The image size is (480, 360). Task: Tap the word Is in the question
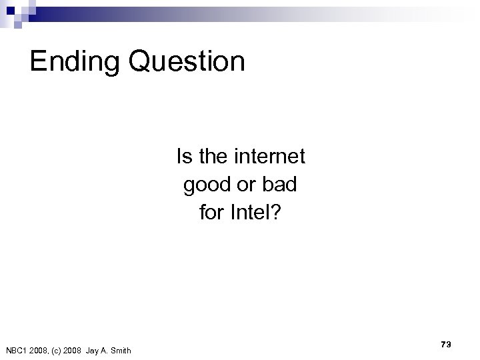[183, 157]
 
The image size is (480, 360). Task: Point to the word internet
[270, 157]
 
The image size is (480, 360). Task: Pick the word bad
[281, 184]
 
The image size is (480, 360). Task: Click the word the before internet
[213, 157]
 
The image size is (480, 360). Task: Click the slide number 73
[446, 344]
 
